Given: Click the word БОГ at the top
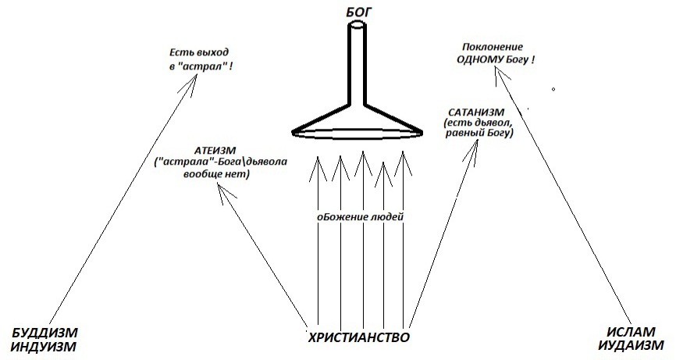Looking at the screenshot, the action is (x=358, y=12).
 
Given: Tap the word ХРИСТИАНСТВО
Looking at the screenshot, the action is (x=359, y=337).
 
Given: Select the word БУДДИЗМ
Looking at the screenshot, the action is (x=44, y=333).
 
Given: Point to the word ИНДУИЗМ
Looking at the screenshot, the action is (x=44, y=347).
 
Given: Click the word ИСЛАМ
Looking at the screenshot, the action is (x=631, y=332).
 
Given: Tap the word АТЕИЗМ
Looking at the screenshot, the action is (x=215, y=151).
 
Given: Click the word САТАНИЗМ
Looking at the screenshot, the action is (x=476, y=112).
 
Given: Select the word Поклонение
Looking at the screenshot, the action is (x=493, y=47).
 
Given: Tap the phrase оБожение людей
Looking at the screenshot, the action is (x=361, y=217).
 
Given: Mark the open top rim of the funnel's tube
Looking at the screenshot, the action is (x=358, y=26).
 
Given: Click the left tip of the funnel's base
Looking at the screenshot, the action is (x=294, y=133).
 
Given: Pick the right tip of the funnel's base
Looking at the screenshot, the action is (x=421, y=132).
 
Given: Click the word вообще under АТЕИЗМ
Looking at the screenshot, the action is (x=199, y=175).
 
